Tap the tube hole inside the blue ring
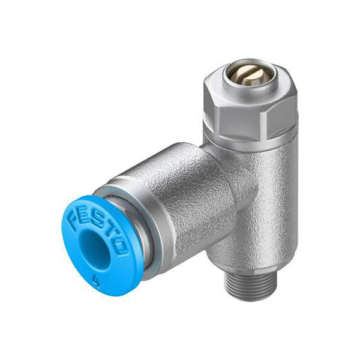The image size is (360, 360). [95, 247]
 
